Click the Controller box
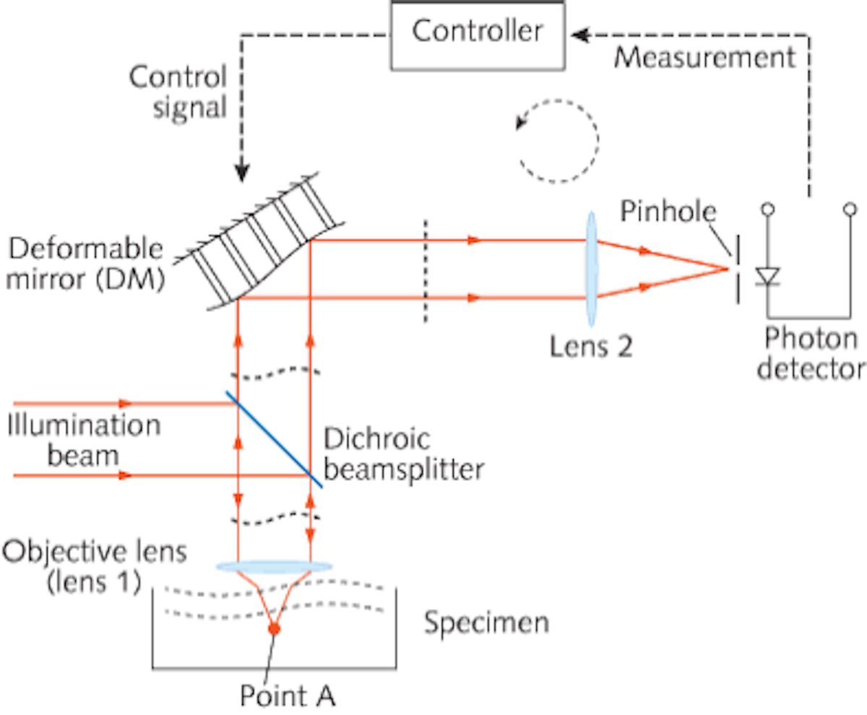click(478, 33)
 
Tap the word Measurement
click(704, 56)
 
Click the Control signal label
click(178, 92)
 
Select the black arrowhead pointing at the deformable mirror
click(241, 173)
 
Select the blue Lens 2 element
click(590, 268)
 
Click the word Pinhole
click(668, 212)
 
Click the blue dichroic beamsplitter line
click(273, 438)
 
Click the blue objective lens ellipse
click(274, 566)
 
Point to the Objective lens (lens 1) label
click(94, 567)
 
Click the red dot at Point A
click(274, 629)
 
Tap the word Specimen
click(486, 622)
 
